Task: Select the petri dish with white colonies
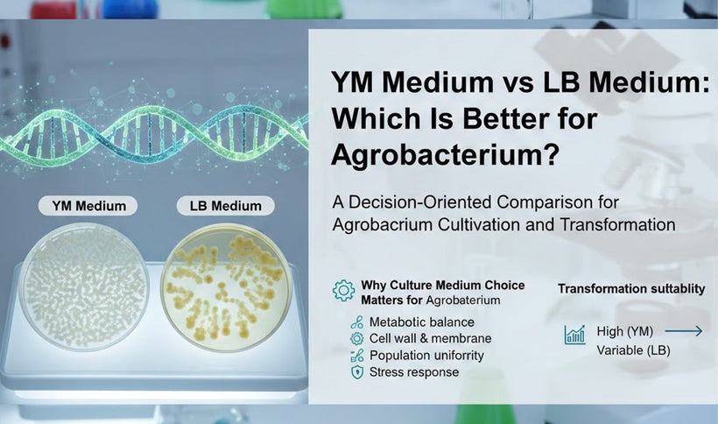tap(84, 286)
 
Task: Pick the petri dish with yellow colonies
tap(227, 286)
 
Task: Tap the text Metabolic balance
tap(421, 322)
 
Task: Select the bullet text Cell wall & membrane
tap(430, 338)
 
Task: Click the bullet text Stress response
tap(413, 372)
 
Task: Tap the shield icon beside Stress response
tap(356, 372)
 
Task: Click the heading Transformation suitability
tap(631, 289)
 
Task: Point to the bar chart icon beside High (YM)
tap(575, 334)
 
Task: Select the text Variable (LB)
tap(634, 350)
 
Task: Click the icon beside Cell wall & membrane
tap(356, 338)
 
